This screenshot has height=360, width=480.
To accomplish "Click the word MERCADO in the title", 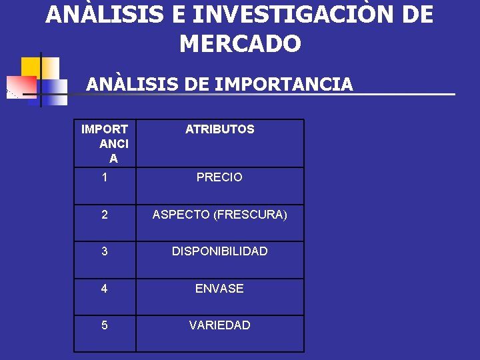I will coord(240,44).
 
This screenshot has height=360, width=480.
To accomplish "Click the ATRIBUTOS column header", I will coord(219,129).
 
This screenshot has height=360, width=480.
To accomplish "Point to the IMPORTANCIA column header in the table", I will coord(105,143).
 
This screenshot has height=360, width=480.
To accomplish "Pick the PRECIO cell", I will coord(219,177).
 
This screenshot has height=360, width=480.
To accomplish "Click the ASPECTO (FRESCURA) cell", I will coord(219,215).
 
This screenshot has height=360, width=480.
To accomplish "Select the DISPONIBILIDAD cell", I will coord(219,251).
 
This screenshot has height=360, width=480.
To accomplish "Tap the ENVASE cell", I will coord(219,289).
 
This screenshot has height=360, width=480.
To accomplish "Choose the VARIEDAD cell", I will coord(219,325).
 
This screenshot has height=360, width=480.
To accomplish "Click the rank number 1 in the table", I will coord(105,177).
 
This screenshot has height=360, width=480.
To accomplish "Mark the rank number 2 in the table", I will coord(105,215).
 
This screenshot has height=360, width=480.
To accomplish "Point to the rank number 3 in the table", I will coord(105,251).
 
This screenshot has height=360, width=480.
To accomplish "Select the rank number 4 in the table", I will coord(105,289).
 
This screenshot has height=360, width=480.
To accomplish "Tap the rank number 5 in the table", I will coord(105,325).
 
